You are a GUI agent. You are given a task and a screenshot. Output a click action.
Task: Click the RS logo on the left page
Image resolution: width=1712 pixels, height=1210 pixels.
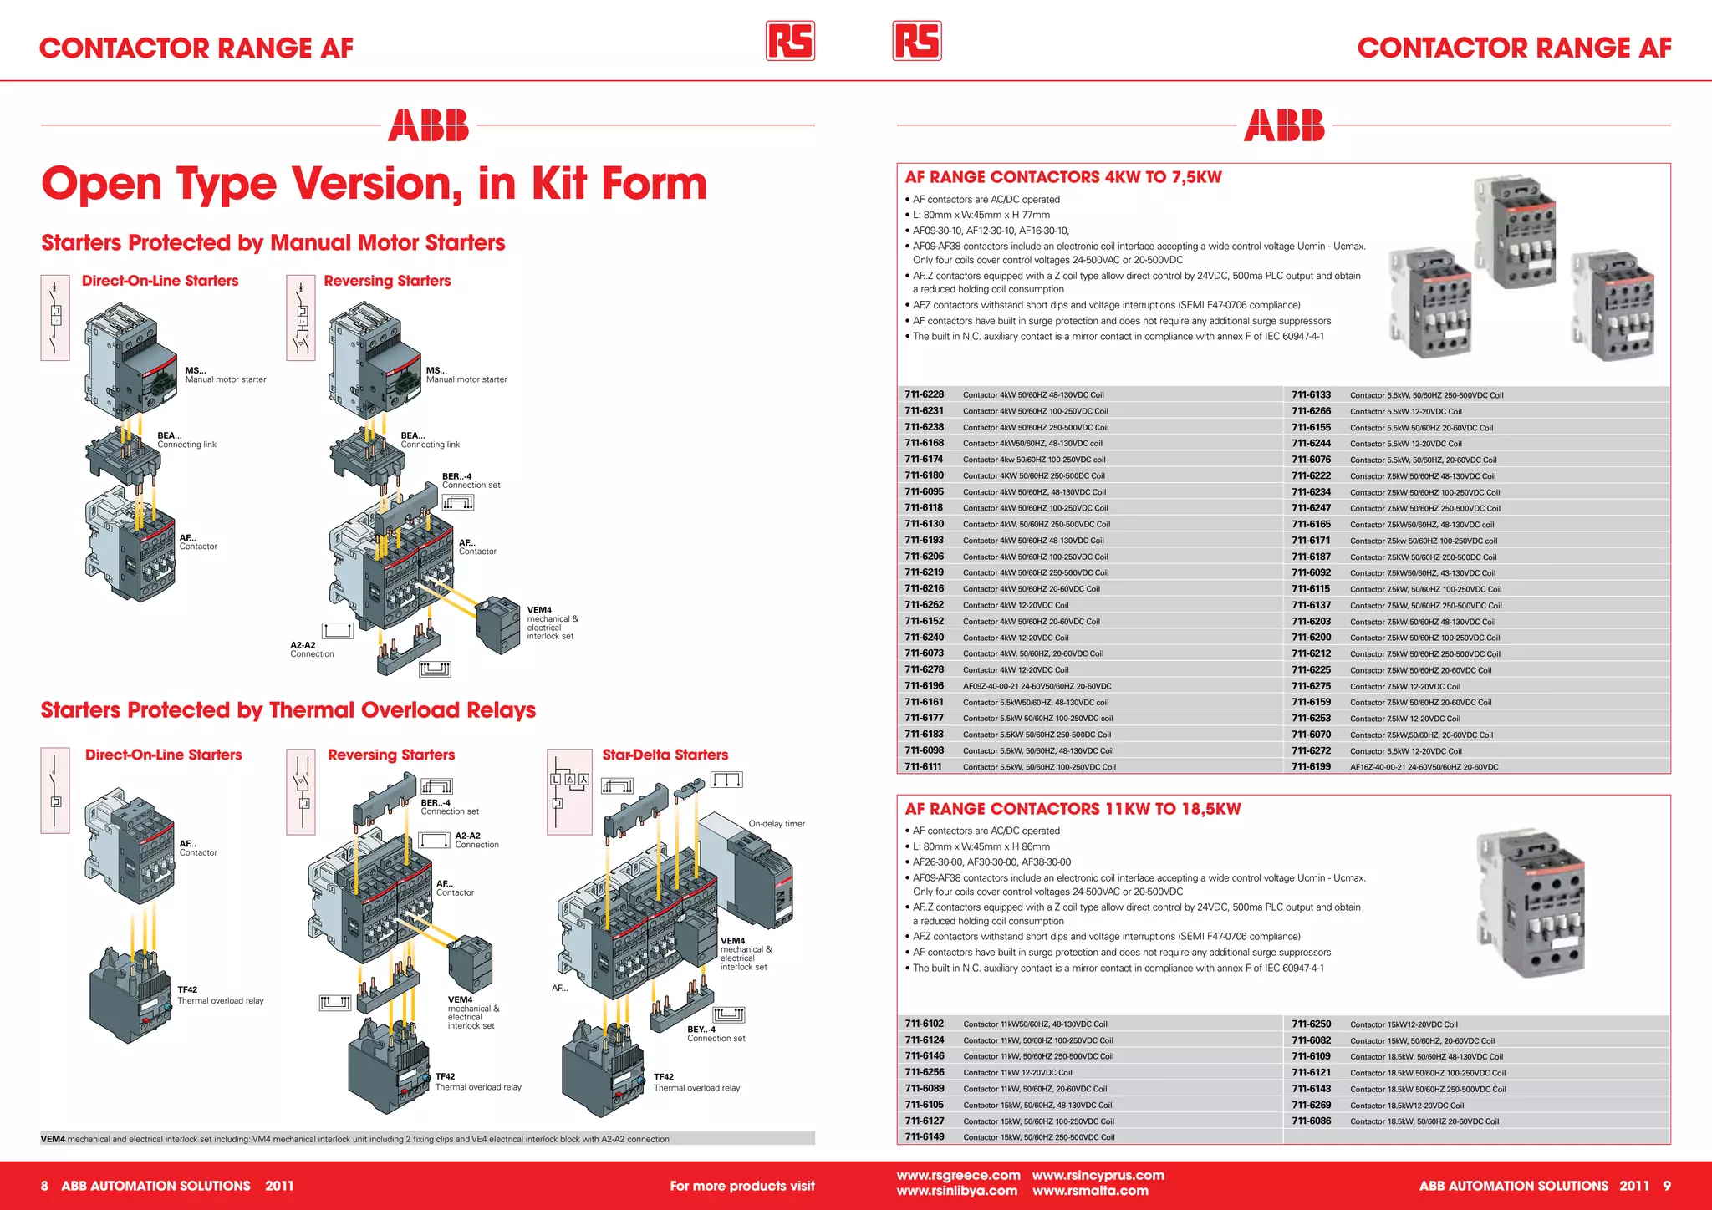790,41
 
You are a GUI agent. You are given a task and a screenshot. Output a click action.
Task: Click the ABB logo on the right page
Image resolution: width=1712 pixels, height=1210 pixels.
1284,125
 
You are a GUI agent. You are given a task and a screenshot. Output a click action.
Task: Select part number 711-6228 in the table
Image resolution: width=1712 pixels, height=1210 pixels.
924,394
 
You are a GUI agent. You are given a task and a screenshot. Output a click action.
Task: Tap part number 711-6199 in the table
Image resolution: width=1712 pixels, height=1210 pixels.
1311,766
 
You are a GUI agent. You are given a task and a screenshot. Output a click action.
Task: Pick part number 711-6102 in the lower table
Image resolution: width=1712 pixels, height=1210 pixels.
924,1024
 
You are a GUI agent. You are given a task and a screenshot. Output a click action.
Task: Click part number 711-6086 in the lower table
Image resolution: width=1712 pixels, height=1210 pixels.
1311,1121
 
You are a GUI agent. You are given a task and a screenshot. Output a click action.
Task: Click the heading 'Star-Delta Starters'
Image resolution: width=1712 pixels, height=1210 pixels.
665,755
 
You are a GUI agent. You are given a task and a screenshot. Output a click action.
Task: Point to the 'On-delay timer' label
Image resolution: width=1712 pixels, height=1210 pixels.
777,824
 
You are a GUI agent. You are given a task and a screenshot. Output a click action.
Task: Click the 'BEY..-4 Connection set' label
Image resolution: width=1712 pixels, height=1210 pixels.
716,1034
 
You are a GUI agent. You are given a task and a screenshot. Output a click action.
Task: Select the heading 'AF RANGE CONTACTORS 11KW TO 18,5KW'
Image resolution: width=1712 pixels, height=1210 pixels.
1073,809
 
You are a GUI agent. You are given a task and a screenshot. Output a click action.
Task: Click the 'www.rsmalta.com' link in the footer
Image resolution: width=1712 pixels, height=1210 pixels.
1090,1191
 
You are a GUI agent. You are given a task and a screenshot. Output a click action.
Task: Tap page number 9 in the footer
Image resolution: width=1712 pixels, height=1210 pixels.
1666,1186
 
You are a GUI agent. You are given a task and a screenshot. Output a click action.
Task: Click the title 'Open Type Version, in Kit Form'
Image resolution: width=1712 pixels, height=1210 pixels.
374,184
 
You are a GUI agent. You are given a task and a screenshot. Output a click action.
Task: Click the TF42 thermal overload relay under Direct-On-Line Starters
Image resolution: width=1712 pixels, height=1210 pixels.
132,994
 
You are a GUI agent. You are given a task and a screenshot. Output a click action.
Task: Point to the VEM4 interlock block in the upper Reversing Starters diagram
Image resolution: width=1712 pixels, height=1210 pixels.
498,624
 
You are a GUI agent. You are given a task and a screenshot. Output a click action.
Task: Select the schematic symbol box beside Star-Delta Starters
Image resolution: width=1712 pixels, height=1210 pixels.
569,791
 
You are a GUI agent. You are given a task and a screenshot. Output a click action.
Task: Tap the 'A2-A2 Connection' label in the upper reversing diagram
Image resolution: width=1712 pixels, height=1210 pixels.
311,649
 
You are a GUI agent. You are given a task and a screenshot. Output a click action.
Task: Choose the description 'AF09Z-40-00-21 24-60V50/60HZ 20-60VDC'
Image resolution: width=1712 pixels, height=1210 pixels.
1037,686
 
